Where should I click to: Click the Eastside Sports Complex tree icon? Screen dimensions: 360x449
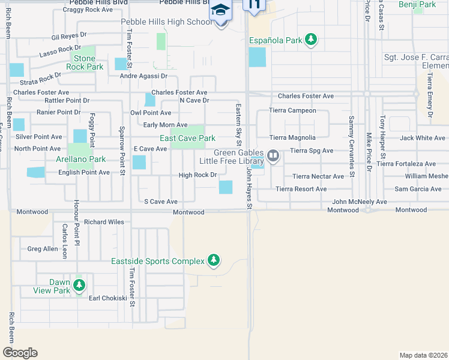213,260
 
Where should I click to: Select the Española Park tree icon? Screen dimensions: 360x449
310,40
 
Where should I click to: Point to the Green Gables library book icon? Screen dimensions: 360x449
274,156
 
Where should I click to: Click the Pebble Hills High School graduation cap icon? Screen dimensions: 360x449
220,10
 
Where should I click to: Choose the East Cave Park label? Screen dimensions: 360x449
187,139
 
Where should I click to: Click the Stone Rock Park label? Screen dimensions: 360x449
88,62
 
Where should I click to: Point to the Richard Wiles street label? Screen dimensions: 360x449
104,222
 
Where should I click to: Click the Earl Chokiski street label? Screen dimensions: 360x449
107,298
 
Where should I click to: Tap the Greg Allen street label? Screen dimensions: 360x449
43,248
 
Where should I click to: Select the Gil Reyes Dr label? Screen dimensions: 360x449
69,37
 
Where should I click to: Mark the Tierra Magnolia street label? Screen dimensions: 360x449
292,137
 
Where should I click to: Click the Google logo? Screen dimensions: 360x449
20,353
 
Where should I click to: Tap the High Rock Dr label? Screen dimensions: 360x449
197,175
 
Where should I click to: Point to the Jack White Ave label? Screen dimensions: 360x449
423,138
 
